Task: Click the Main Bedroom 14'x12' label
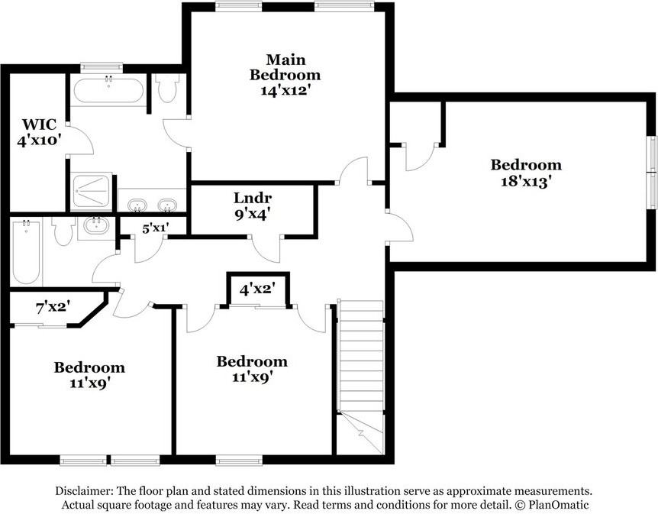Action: (x=285, y=74)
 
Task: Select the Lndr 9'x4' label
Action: (x=252, y=206)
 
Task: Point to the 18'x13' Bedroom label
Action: (x=525, y=173)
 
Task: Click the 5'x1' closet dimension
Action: (x=155, y=226)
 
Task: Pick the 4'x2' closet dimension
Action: (x=257, y=290)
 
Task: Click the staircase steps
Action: (x=360, y=359)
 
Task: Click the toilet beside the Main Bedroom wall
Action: (x=168, y=89)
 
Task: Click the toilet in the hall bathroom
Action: (x=64, y=231)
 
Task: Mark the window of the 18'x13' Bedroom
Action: (x=653, y=173)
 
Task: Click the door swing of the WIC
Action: (x=82, y=142)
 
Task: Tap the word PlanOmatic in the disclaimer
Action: (x=555, y=505)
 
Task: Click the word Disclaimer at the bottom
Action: (x=85, y=491)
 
